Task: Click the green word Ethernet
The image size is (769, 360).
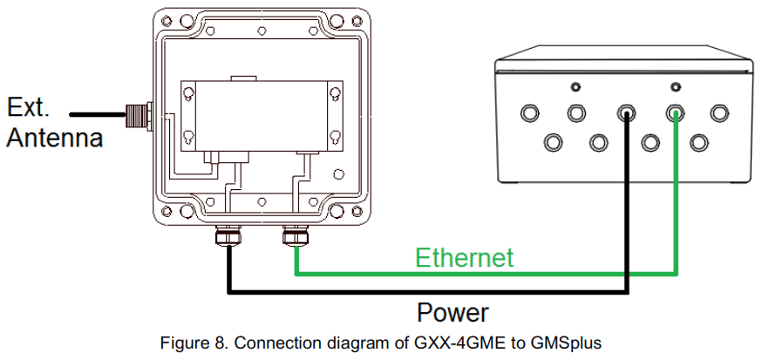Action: [464, 258]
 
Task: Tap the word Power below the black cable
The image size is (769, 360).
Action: [453, 312]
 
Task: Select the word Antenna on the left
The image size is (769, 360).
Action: [55, 137]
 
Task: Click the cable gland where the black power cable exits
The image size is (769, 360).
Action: [228, 234]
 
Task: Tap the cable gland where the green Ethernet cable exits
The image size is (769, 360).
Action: [296, 234]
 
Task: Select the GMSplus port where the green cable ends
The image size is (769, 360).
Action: [675, 112]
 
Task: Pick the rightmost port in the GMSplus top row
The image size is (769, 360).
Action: [719, 112]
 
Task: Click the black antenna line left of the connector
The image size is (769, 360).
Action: [96, 112]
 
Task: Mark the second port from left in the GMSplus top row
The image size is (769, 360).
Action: [576, 112]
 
